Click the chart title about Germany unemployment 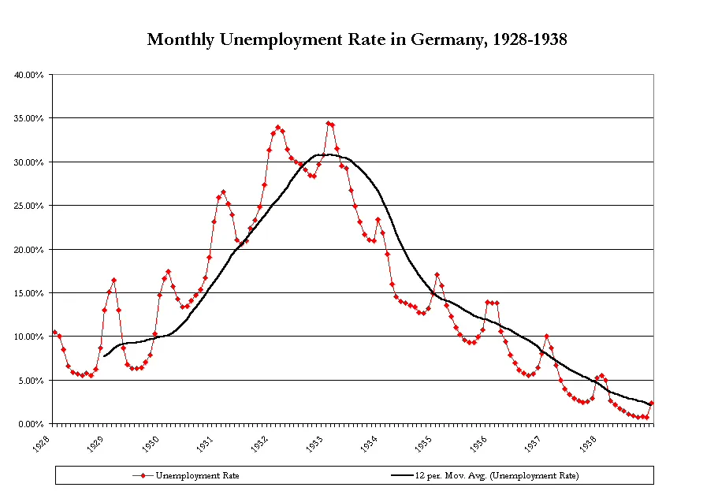coord(357,39)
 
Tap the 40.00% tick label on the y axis coord(30,75)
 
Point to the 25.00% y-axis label coord(30,206)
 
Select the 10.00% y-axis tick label coord(30,337)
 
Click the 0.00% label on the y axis coord(32,424)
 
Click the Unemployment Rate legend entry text coord(197,475)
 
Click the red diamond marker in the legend coord(141,475)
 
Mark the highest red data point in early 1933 coord(328,123)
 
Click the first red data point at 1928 coord(54,332)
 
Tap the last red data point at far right coord(652,404)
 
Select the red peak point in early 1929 coord(113,280)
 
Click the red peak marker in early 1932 coord(277,127)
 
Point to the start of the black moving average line coord(105,356)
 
